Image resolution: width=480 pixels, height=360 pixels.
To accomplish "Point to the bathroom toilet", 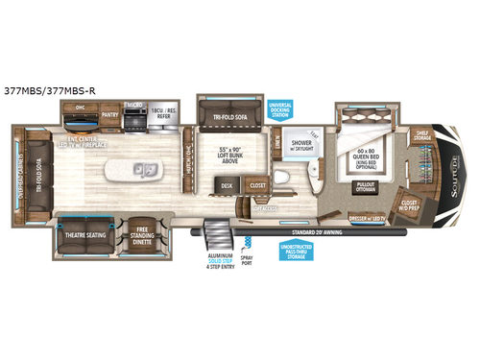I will coord(279,179).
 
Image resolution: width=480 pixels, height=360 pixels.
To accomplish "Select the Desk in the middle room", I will coord(228,186).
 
